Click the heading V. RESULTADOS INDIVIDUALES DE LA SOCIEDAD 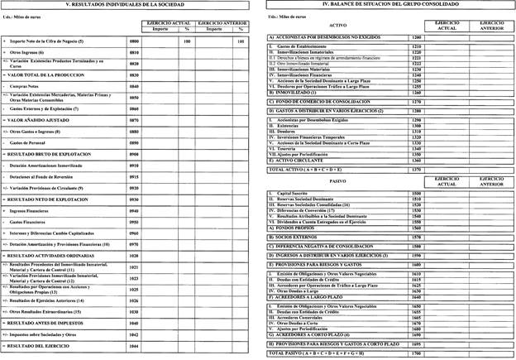coord(126,6)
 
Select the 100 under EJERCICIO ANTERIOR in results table coord(240,41)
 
